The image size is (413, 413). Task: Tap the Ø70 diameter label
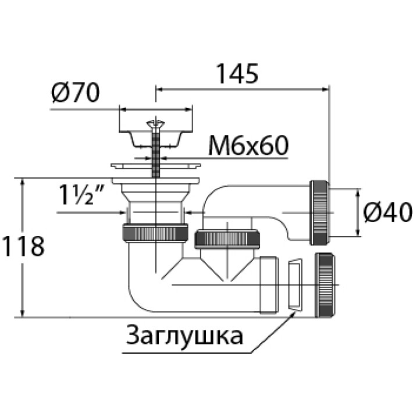coord(75,93)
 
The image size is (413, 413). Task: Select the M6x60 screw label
coord(248,146)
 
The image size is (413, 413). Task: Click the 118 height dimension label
coord(23,247)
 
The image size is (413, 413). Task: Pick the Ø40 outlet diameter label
coord(387,213)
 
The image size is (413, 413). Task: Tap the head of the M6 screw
coord(155,123)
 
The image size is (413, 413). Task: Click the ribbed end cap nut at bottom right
coord(326,285)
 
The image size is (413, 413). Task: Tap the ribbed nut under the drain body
coord(155,232)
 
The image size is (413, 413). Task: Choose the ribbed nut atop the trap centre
coord(227,239)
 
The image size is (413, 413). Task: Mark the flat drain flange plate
coord(156,166)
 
